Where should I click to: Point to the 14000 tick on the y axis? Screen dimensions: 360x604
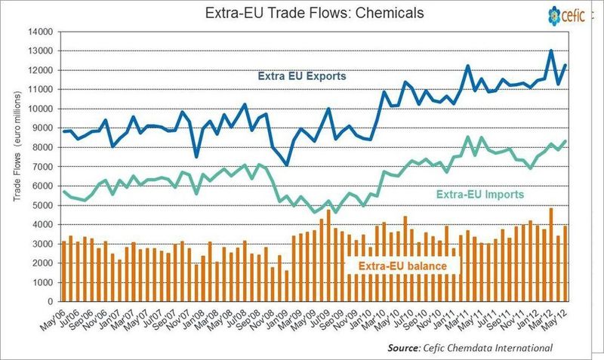39,32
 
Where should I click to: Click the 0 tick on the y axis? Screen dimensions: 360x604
49,301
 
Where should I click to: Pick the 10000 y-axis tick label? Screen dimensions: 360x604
39,109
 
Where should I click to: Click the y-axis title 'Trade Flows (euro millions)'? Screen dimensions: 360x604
16,166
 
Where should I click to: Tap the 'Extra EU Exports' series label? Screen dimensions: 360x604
301,76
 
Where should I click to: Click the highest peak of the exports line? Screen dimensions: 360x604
551,51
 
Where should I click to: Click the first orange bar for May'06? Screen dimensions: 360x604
64,272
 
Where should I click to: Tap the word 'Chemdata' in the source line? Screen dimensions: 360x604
484,347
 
